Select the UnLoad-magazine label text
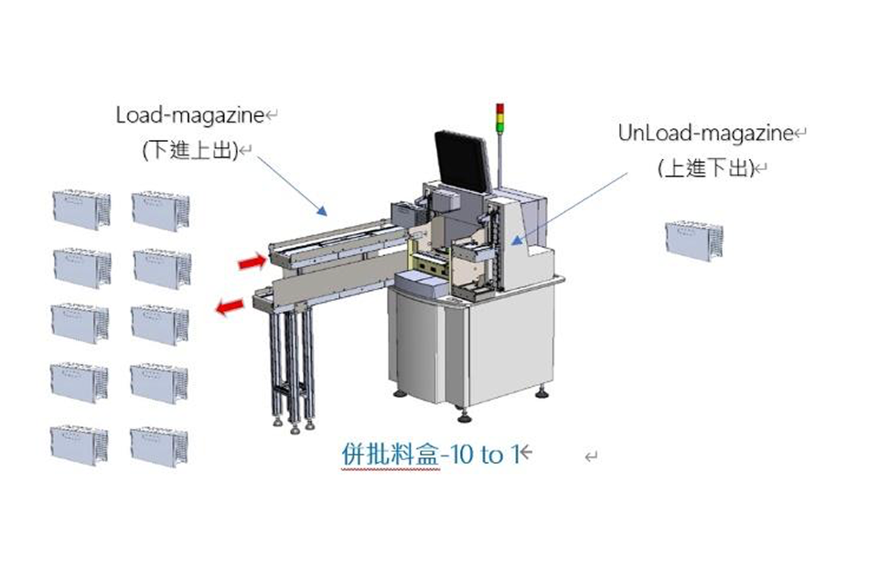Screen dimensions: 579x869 (704, 134)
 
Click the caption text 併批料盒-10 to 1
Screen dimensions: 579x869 (430, 454)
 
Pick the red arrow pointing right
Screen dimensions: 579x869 (252, 263)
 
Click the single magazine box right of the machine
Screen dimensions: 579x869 (694, 240)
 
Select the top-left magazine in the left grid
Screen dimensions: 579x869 (80, 209)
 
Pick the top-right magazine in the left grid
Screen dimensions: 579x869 (161, 209)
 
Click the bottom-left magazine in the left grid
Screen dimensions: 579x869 (80, 445)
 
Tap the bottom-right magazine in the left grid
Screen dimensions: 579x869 (160, 445)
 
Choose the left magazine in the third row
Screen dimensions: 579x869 (80, 324)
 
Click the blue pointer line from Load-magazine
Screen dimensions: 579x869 (291, 187)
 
